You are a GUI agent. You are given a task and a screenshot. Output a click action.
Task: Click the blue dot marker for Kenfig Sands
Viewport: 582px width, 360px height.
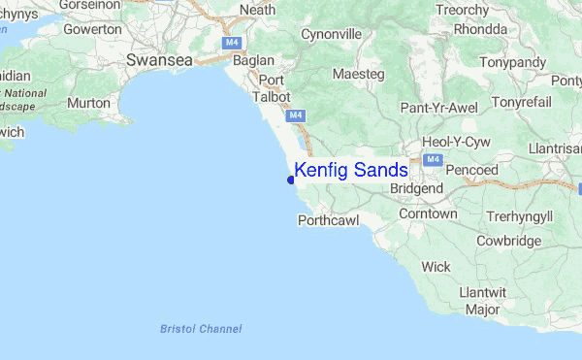point(291,179)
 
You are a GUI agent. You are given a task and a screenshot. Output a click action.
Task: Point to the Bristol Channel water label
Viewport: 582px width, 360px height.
point(201,329)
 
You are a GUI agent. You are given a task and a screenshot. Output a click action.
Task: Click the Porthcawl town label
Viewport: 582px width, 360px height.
point(328,221)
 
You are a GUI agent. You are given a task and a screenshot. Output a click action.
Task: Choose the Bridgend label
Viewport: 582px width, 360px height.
point(418,187)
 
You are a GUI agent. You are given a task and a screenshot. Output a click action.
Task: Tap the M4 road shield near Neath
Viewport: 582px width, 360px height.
point(231,43)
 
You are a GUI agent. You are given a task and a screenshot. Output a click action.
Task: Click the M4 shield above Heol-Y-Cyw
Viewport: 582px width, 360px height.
point(434,158)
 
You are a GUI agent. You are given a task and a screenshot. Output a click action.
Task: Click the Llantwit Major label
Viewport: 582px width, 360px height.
point(482,301)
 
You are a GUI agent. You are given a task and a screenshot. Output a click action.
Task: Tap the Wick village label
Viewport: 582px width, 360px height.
point(436,266)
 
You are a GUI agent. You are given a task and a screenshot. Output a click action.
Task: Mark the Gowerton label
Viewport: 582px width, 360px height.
point(92,29)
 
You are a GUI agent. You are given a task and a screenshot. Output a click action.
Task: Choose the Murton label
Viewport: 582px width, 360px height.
point(88,102)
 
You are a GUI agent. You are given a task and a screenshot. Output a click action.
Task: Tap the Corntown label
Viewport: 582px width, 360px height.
point(428,213)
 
